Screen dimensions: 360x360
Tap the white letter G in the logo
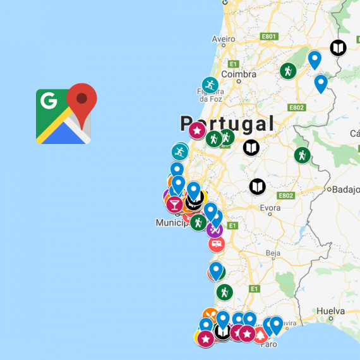(x=47, y=100)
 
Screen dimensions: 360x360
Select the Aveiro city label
(x=223, y=39)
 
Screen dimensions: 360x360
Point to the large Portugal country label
(x=227, y=123)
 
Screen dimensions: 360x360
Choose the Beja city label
(x=273, y=253)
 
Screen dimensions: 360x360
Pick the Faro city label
(x=268, y=345)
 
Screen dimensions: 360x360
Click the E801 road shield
(x=269, y=37)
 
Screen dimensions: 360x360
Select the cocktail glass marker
(x=174, y=204)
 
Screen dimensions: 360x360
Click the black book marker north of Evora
(x=257, y=186)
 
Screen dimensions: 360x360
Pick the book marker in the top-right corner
(x=339, y=47)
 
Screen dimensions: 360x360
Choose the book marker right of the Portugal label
(x=251, y=148)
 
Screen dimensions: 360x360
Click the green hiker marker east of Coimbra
(x=288, y=71)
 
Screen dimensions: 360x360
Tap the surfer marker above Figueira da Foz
(x=210, y=85)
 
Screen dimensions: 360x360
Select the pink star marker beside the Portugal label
(x=197, y=131)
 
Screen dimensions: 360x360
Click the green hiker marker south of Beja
(x=224, y=292)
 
